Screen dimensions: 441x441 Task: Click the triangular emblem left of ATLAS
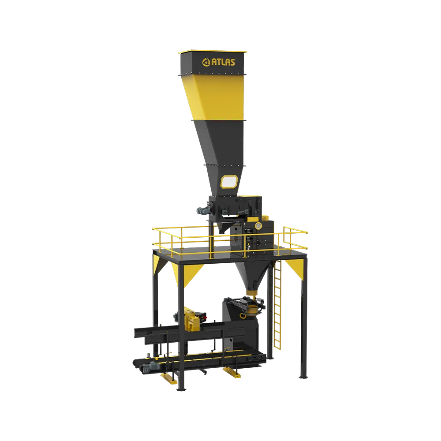point(206,63)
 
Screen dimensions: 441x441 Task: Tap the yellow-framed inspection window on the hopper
point(229,182)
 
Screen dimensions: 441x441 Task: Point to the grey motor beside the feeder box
point(203,209)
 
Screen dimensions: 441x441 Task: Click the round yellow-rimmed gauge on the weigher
point(258,225)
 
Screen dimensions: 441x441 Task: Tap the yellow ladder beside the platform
point(277,305)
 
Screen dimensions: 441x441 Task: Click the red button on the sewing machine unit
point(205,317)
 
